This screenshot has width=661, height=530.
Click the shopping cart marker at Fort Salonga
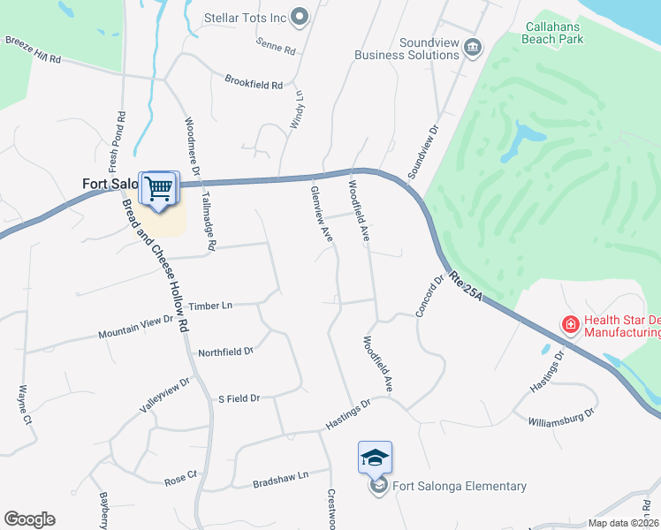click(159, 188)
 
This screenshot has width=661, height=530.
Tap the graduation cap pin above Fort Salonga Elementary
click(375, 458)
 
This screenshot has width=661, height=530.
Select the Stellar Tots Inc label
click(245, 17)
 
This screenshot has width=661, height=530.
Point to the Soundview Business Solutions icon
click(473, 46)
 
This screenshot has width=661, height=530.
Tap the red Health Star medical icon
click(571, 325)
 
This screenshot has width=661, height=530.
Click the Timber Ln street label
click(210, 305)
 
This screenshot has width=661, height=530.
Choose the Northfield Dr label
click(225, 352)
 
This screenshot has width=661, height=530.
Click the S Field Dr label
click(239, 398)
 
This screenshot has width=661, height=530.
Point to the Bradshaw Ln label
click(280, 475)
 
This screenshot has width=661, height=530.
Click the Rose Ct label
click(180, 479)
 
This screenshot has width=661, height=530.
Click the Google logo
click(29, 519)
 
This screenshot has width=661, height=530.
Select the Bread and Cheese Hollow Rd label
click(157, 266)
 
